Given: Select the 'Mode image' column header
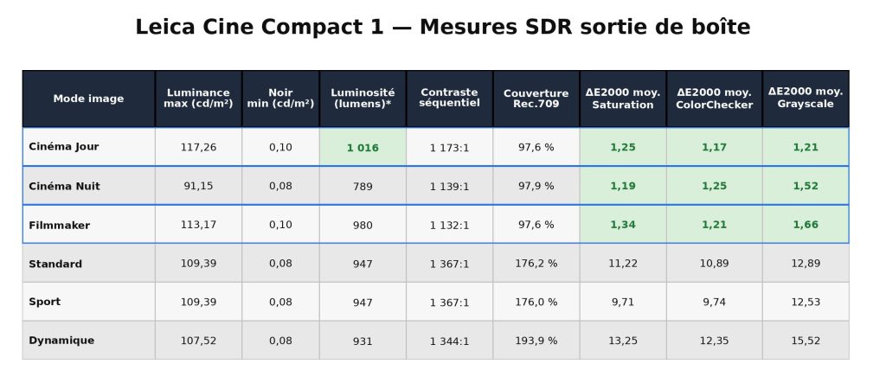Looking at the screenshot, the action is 88,99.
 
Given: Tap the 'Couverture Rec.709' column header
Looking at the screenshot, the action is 536,99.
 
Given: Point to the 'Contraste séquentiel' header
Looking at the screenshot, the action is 449,98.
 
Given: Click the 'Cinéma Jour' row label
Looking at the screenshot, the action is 64,147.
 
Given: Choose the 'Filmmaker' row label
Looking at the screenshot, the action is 60,225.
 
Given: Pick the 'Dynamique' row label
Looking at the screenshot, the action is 61,341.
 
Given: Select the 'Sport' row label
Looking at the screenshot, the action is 45,302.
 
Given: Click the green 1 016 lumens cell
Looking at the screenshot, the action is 363,148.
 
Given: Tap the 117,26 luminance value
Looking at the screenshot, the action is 198,148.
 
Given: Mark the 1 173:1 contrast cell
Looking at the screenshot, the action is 449,148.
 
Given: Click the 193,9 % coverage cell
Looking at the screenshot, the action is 536,341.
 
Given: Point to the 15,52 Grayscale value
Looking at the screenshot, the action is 806,341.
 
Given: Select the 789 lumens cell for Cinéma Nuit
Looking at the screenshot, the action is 363,187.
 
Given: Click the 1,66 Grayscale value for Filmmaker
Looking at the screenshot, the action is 806,225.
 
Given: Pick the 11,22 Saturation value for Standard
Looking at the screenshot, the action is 623,264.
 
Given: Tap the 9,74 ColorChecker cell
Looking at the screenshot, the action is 714,303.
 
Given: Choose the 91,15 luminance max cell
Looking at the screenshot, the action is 198,186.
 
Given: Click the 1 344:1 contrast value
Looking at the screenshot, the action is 449,341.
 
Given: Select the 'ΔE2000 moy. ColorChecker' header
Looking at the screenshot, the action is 714,99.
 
